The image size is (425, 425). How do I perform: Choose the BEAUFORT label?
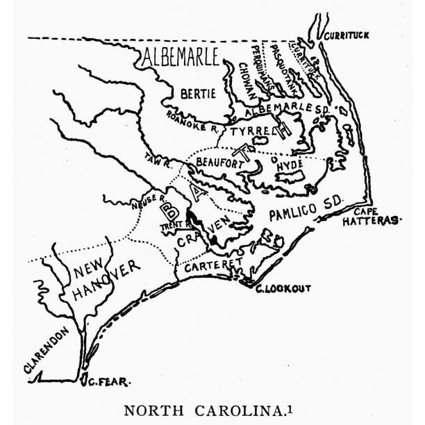tap(217, 161)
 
